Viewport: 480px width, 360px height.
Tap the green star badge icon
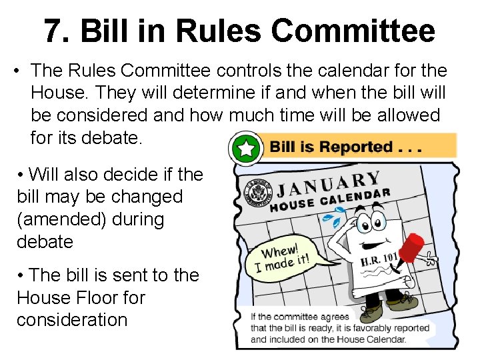click(246, 147)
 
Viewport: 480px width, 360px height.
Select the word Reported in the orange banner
click(357, 147)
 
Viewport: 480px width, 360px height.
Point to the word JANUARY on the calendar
click(329, 183)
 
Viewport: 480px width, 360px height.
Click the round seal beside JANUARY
click(255, 191)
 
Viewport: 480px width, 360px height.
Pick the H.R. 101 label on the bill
click(379, 259)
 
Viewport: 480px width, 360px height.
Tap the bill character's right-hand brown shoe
click(402, 303)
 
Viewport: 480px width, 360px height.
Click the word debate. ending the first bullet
click(110, 138)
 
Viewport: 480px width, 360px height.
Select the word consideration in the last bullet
click(72, 320)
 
